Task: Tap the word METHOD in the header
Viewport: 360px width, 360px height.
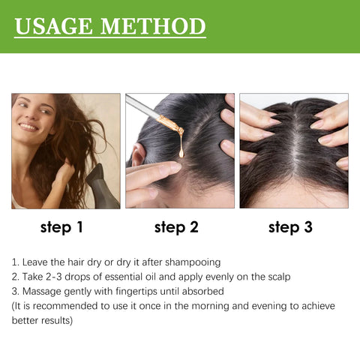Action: pos(155,26)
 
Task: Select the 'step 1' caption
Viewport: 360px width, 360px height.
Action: pos(65,226)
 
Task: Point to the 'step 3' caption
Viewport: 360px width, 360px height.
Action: pos(290,226)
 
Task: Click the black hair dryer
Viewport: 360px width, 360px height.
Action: pos(105,184)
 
